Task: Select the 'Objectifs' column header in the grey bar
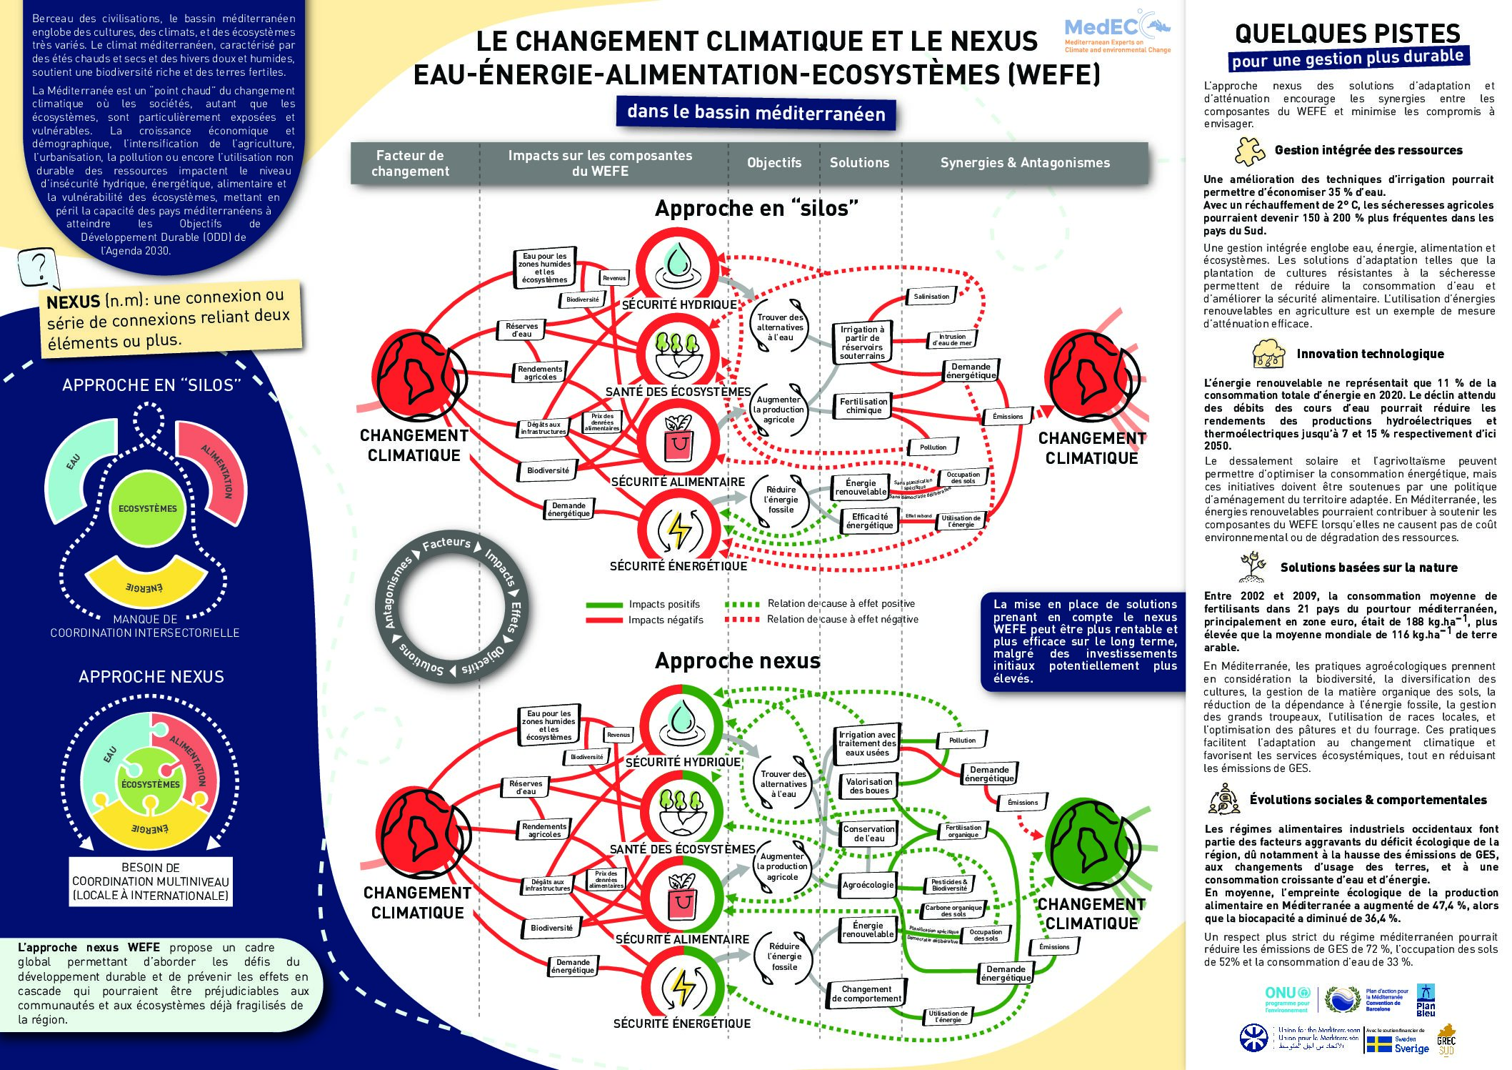coord(774,163)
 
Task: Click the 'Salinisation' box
coord(931,297)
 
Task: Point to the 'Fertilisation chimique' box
coord(863,406)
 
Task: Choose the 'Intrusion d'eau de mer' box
coord(952,340)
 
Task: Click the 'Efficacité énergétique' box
coord(869,521)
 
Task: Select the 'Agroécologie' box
coord(868,885)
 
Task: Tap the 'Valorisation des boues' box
coord(868,786)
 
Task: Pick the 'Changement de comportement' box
coord(866,994)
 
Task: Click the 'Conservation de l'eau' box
coord(868,833)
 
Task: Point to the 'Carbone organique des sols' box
coord(953,911)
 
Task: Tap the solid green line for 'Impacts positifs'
coord(604,605)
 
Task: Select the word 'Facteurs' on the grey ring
coord(446,543)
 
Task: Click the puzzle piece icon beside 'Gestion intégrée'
coord(1250,151)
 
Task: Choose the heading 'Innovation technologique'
coord(1370,354)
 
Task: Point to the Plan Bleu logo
coord(1426,1001)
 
